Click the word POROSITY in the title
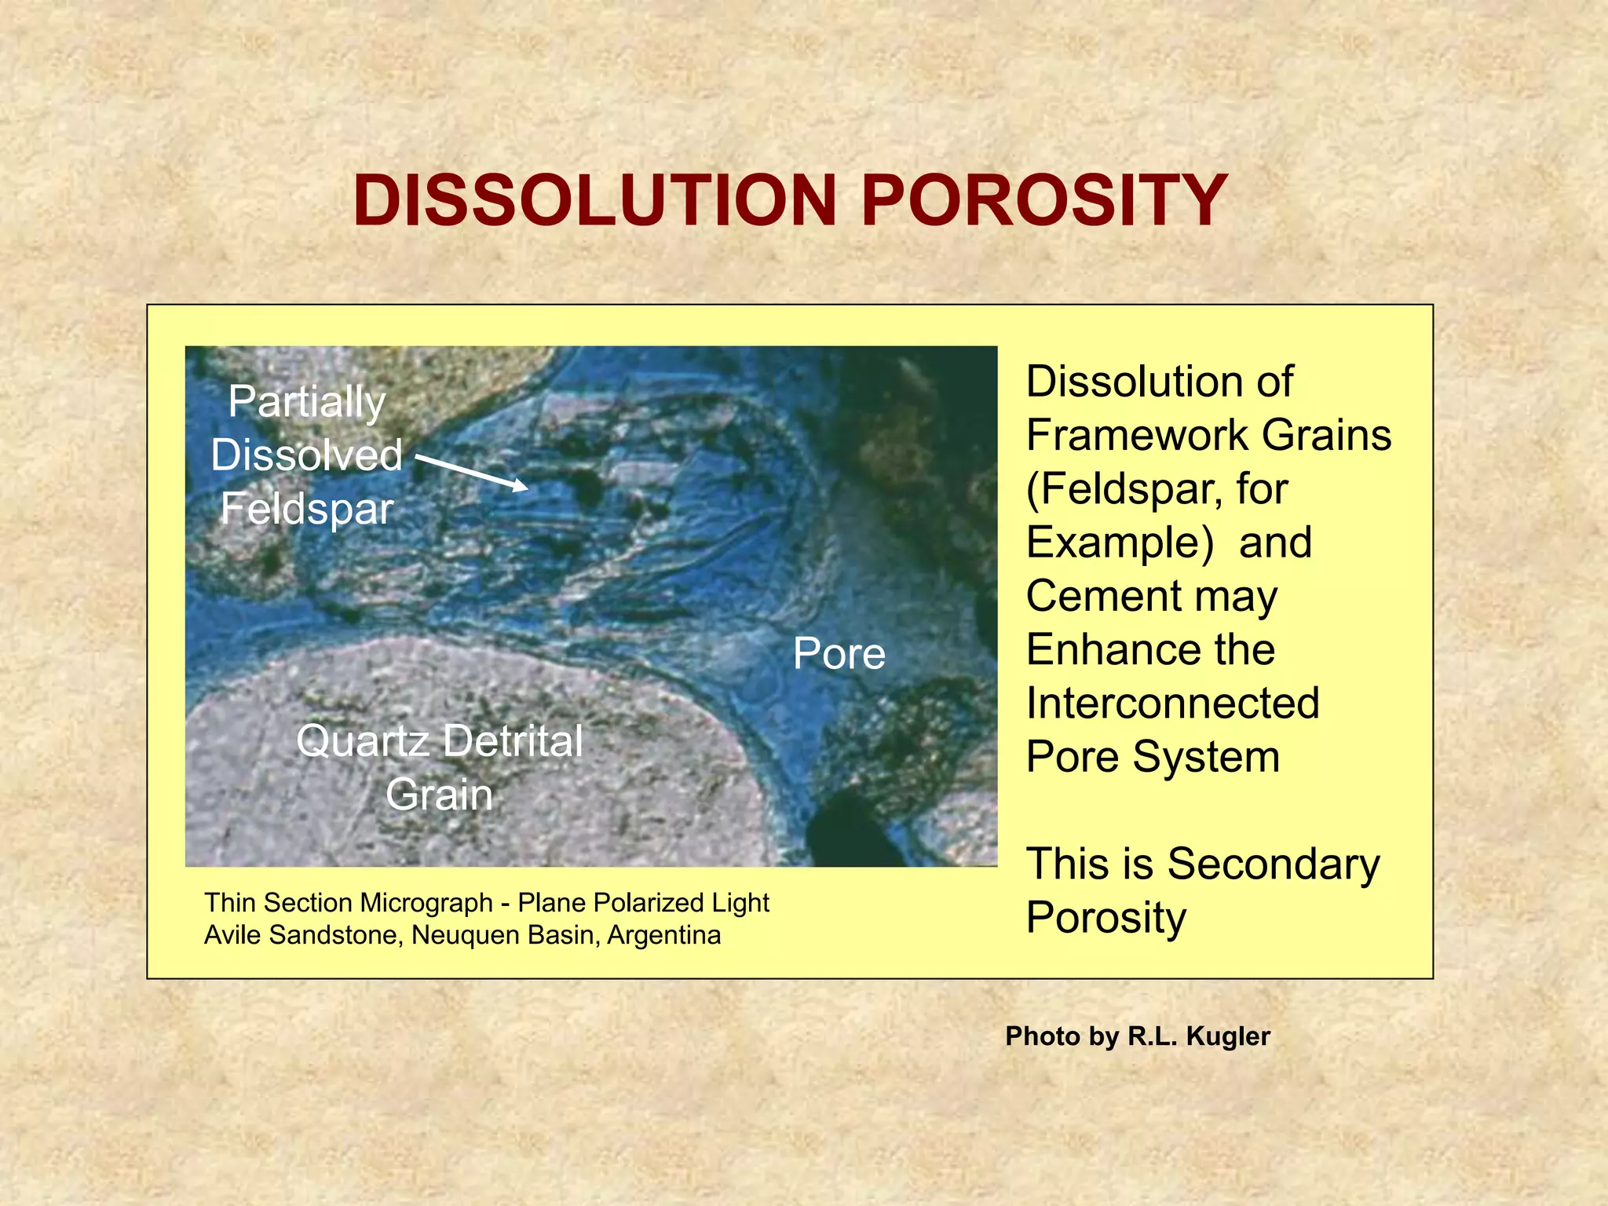(x=1044, y=201)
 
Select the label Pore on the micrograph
(x=839, y=653)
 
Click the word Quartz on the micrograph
(x=362, y=741)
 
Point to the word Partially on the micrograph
(x=307, y=403)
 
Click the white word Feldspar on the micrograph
(x=307, y=509)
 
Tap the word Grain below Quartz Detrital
(x=439, y=794)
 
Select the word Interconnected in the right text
(x=1172, y=703)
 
